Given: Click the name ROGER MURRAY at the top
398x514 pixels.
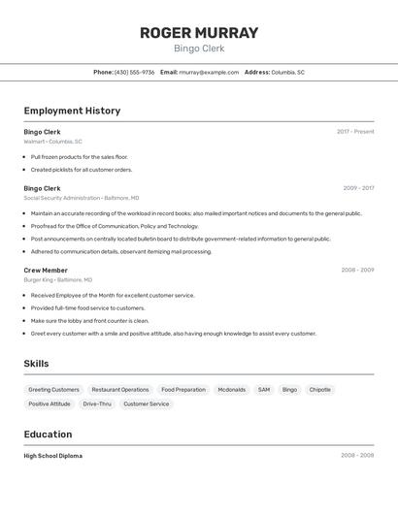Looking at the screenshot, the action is (x=199, y=33).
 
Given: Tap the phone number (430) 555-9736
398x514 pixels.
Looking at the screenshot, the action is (x=134, y=72).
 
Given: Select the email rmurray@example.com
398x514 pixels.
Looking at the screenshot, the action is (x=209, y=72).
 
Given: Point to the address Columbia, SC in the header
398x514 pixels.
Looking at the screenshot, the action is (x=287, y=72).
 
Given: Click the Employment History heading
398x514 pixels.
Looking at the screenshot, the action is (x=72, y=111).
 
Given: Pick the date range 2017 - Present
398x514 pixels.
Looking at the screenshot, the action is (x=355, y=132).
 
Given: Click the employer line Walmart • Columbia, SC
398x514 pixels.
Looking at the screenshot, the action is (x=52, y=142).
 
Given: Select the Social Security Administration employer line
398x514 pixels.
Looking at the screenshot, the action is (x=82, y=198).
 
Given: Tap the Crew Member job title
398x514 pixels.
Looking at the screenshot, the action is (x=46, y=271).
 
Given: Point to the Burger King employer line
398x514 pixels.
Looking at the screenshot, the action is (x=58, y=279).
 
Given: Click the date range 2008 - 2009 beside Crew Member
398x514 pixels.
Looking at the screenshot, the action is (x=357, y=271).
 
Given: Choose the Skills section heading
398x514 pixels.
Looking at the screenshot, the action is (x=37, y=364).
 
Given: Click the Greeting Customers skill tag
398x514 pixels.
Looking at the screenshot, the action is (x=54, y=390).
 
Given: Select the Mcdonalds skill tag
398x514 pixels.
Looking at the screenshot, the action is (x=231, y=390).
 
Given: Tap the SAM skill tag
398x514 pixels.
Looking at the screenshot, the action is (x=264, y=390).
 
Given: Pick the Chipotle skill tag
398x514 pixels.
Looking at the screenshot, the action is (x=320, y=390).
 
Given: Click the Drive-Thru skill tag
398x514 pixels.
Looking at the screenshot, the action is (x=97, y=403).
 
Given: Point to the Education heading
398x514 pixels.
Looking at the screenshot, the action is (x=48, y=434).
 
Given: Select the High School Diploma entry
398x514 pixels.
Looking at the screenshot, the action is (x=53, y=456).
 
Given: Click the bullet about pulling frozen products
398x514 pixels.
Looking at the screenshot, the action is (x=80, y=157).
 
